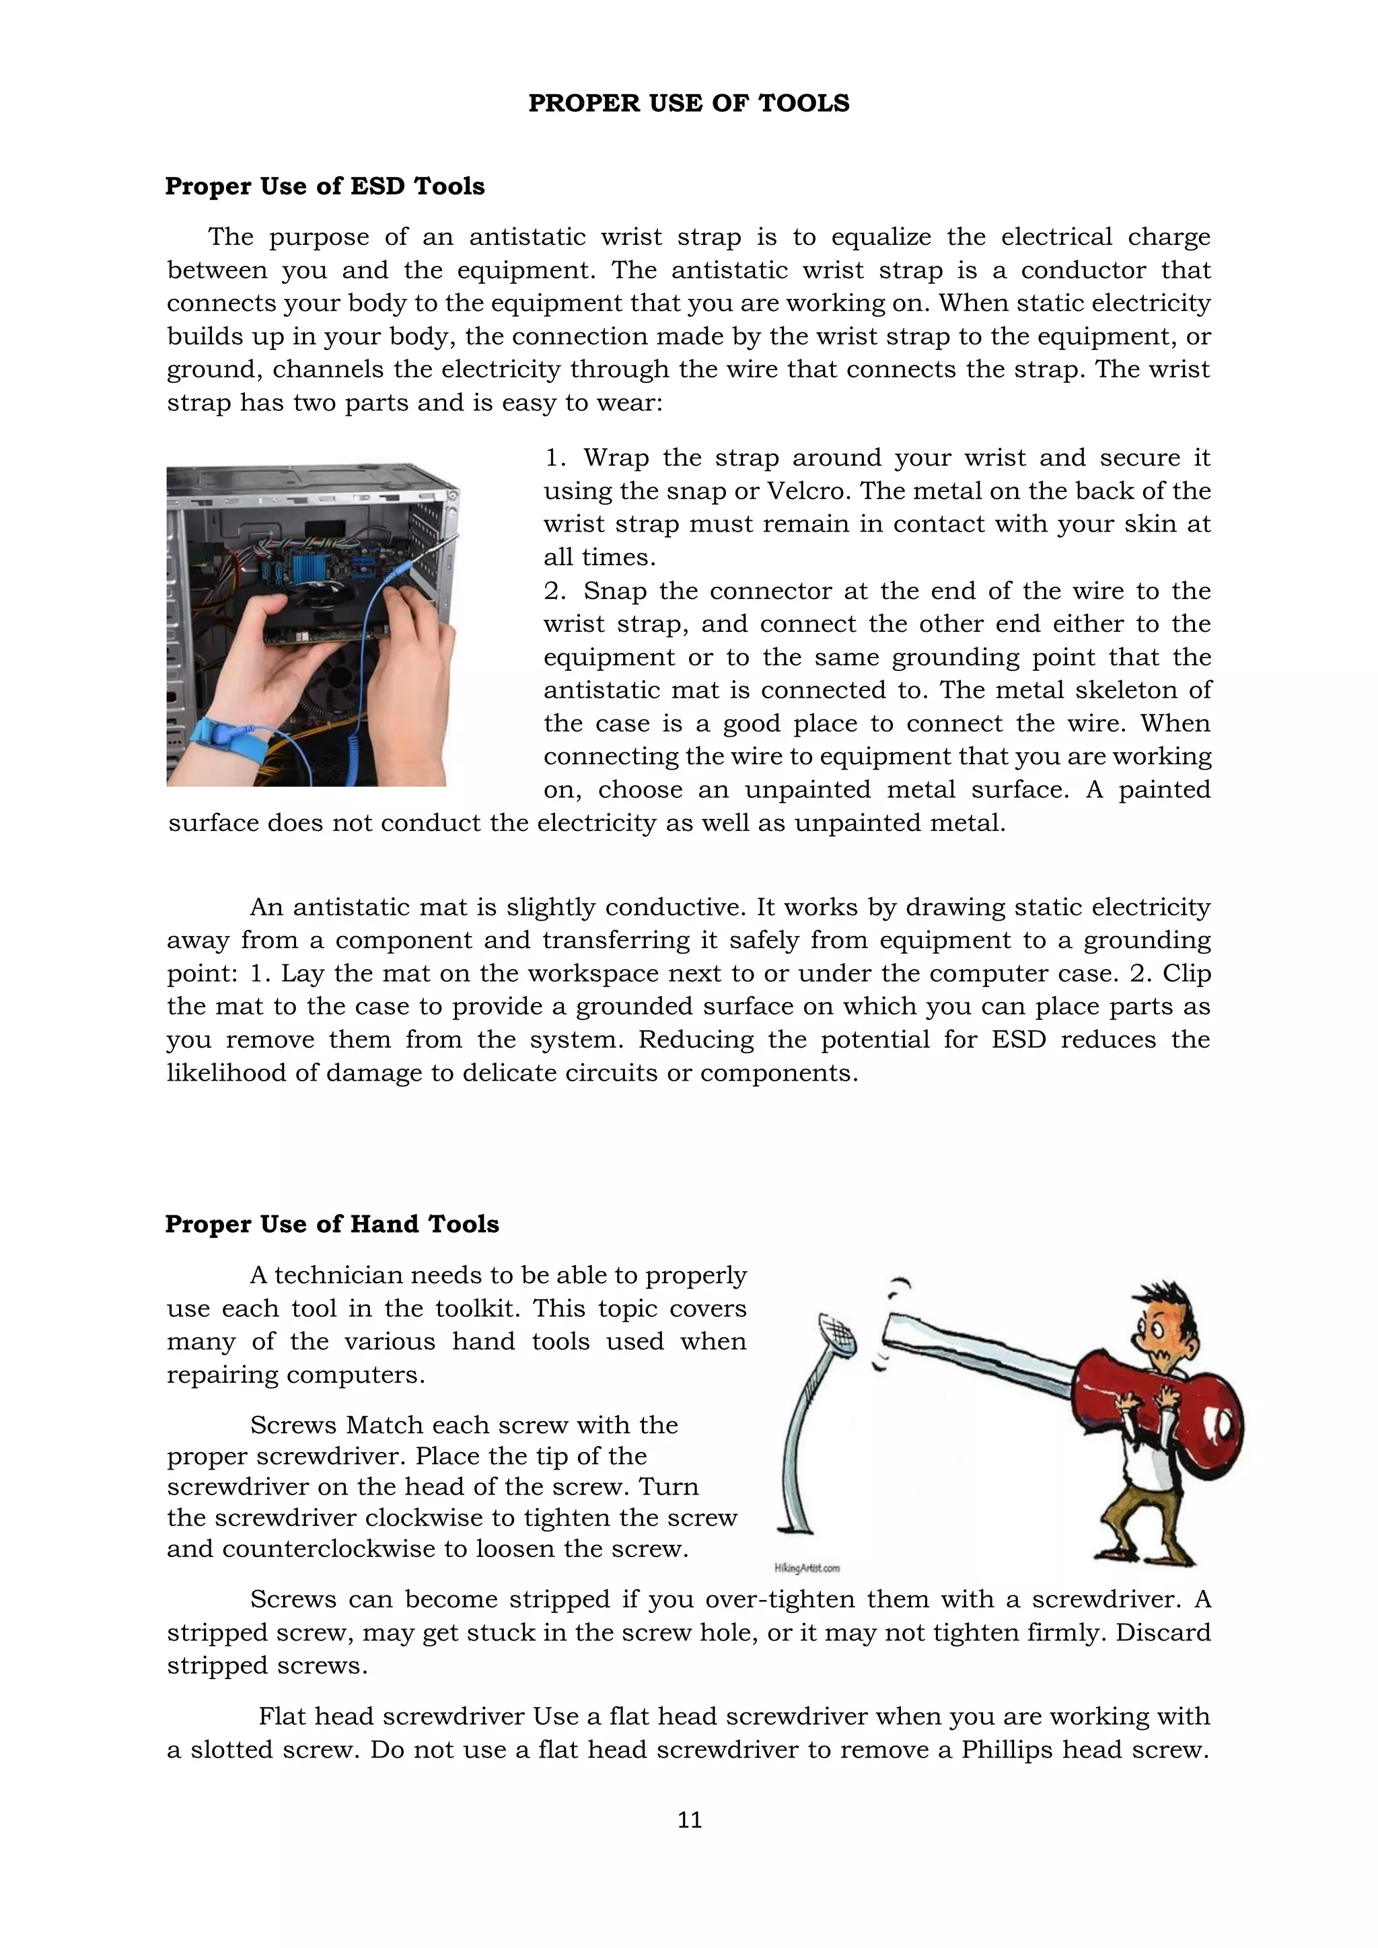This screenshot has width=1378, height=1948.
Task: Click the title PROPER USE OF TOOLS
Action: coord(688,104)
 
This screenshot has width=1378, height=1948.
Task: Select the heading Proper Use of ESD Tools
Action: coord(325,186)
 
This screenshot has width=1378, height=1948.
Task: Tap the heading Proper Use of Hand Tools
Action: coord(332,1224)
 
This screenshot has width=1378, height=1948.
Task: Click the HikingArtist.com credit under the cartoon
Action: coord(807,1568)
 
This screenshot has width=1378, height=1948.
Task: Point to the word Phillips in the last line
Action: coord(1004,1749)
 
